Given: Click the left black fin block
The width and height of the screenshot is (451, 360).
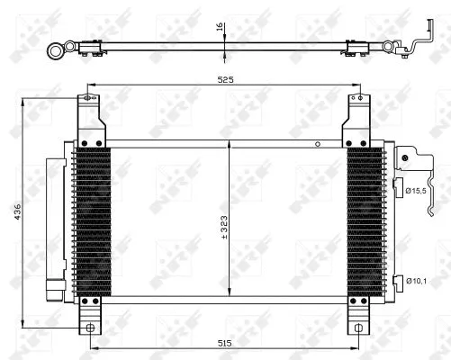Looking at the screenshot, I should (92, 220).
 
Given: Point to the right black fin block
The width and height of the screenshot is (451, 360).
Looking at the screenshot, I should (365, 220).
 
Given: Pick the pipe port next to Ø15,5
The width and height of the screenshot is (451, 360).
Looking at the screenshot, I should (398, 186).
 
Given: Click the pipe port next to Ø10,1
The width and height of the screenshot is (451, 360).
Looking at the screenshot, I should (397, 281).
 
